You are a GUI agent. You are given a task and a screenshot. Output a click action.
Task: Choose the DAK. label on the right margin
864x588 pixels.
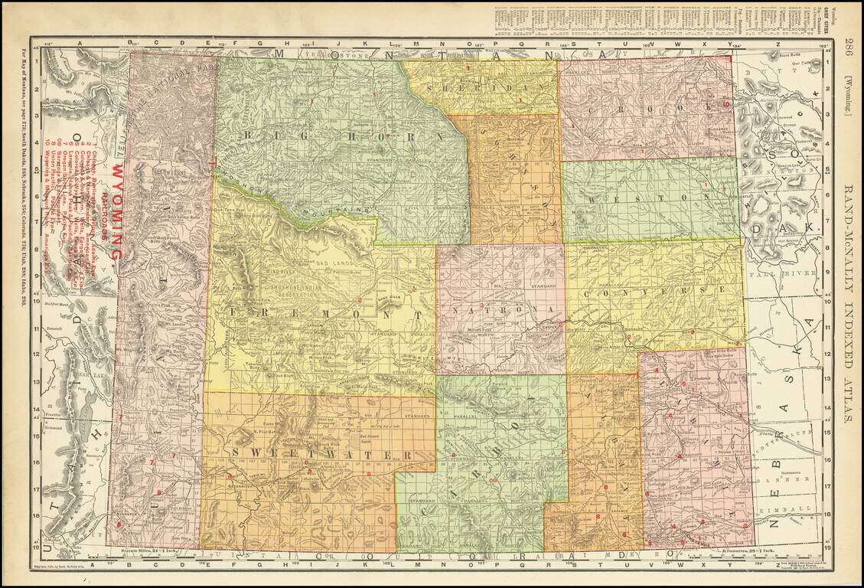(x=804, y=227)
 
